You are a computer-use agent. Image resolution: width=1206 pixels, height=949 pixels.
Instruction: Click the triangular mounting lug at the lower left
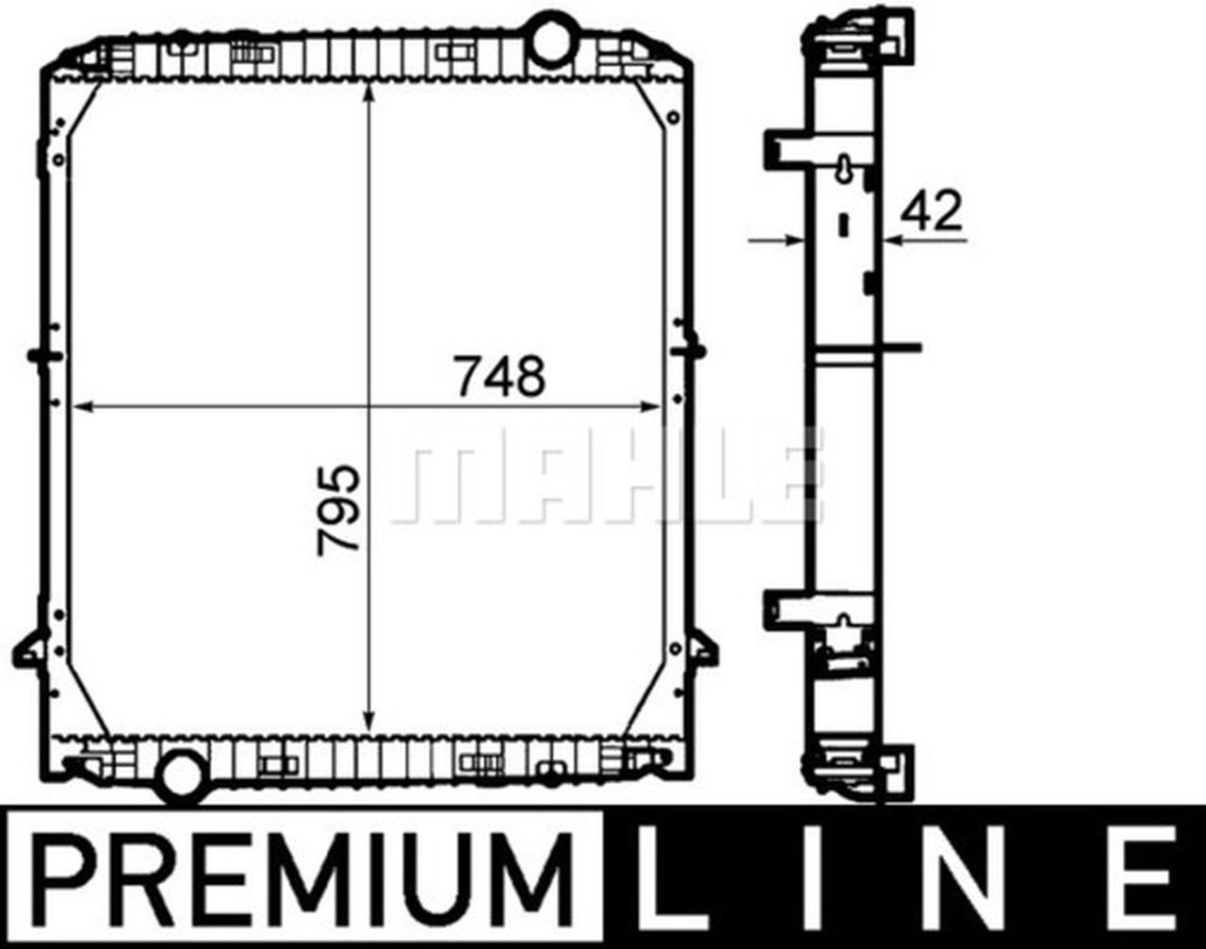[x=31, y=648]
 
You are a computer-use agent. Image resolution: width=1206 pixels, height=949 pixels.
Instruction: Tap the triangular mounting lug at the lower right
[x=702, y=648]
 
